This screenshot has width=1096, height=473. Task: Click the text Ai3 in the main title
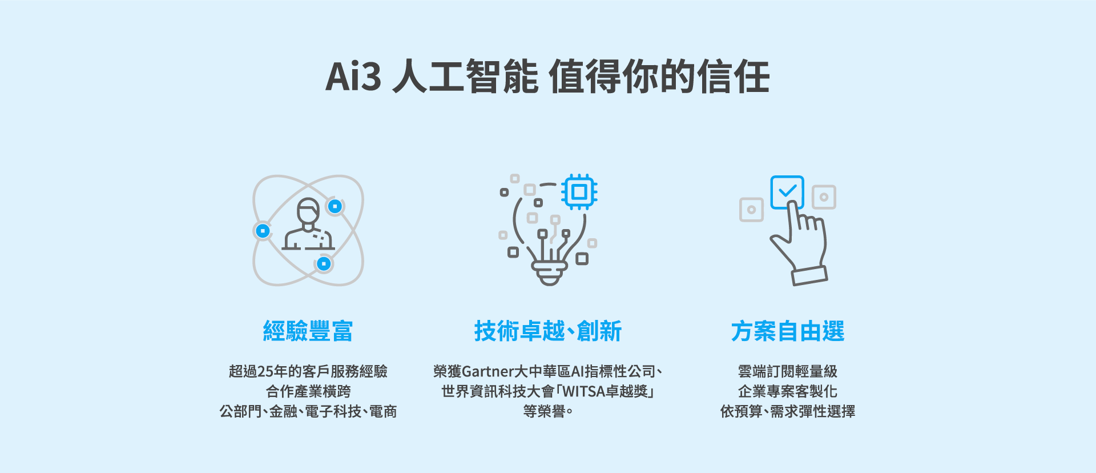353,77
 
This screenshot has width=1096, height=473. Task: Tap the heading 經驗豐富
308,331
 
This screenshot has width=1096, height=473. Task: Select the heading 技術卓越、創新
548,331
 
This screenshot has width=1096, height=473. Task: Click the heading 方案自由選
788,331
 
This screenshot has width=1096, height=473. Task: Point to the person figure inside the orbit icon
308,224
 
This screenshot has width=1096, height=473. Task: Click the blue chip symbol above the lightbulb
579,192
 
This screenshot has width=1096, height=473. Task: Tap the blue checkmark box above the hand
787,192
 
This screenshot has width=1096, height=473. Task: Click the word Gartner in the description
487,372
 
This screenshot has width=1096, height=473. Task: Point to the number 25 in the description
265,372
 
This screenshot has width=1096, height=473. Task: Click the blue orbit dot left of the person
263,231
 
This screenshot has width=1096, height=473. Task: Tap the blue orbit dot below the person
324,264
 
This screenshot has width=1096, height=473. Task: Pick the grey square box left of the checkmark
751,210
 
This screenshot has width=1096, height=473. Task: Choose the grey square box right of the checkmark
824,197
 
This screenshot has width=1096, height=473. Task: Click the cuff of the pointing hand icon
809,275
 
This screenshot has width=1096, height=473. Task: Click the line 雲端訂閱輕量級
788,372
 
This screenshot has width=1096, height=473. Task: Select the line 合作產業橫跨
308,392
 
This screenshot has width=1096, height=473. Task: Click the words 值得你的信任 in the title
659,77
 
